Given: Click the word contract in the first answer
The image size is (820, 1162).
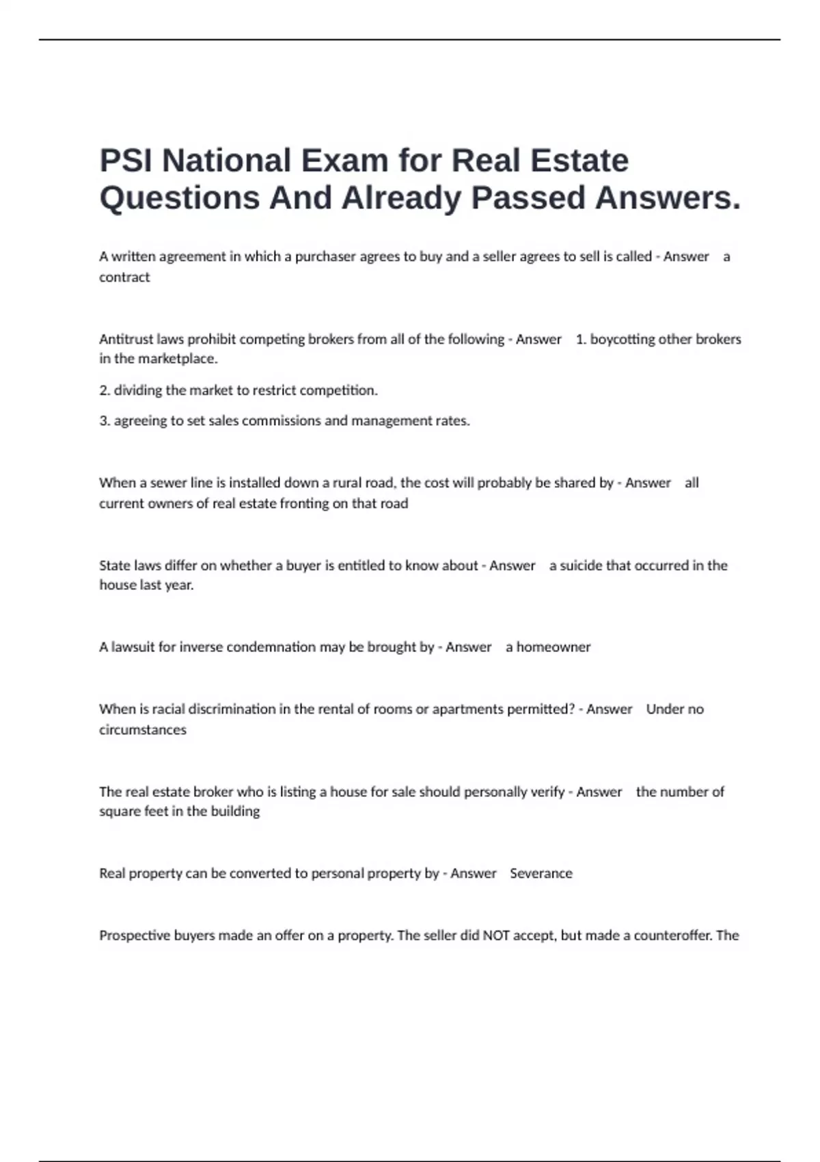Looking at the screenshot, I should click(124, 278).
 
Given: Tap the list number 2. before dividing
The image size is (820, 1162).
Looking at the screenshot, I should click(105, 390).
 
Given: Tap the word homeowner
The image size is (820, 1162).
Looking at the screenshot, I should click(553, 647).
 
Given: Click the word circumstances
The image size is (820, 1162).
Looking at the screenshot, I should click(143, 730).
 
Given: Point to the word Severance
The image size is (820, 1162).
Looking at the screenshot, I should click(541, 874).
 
